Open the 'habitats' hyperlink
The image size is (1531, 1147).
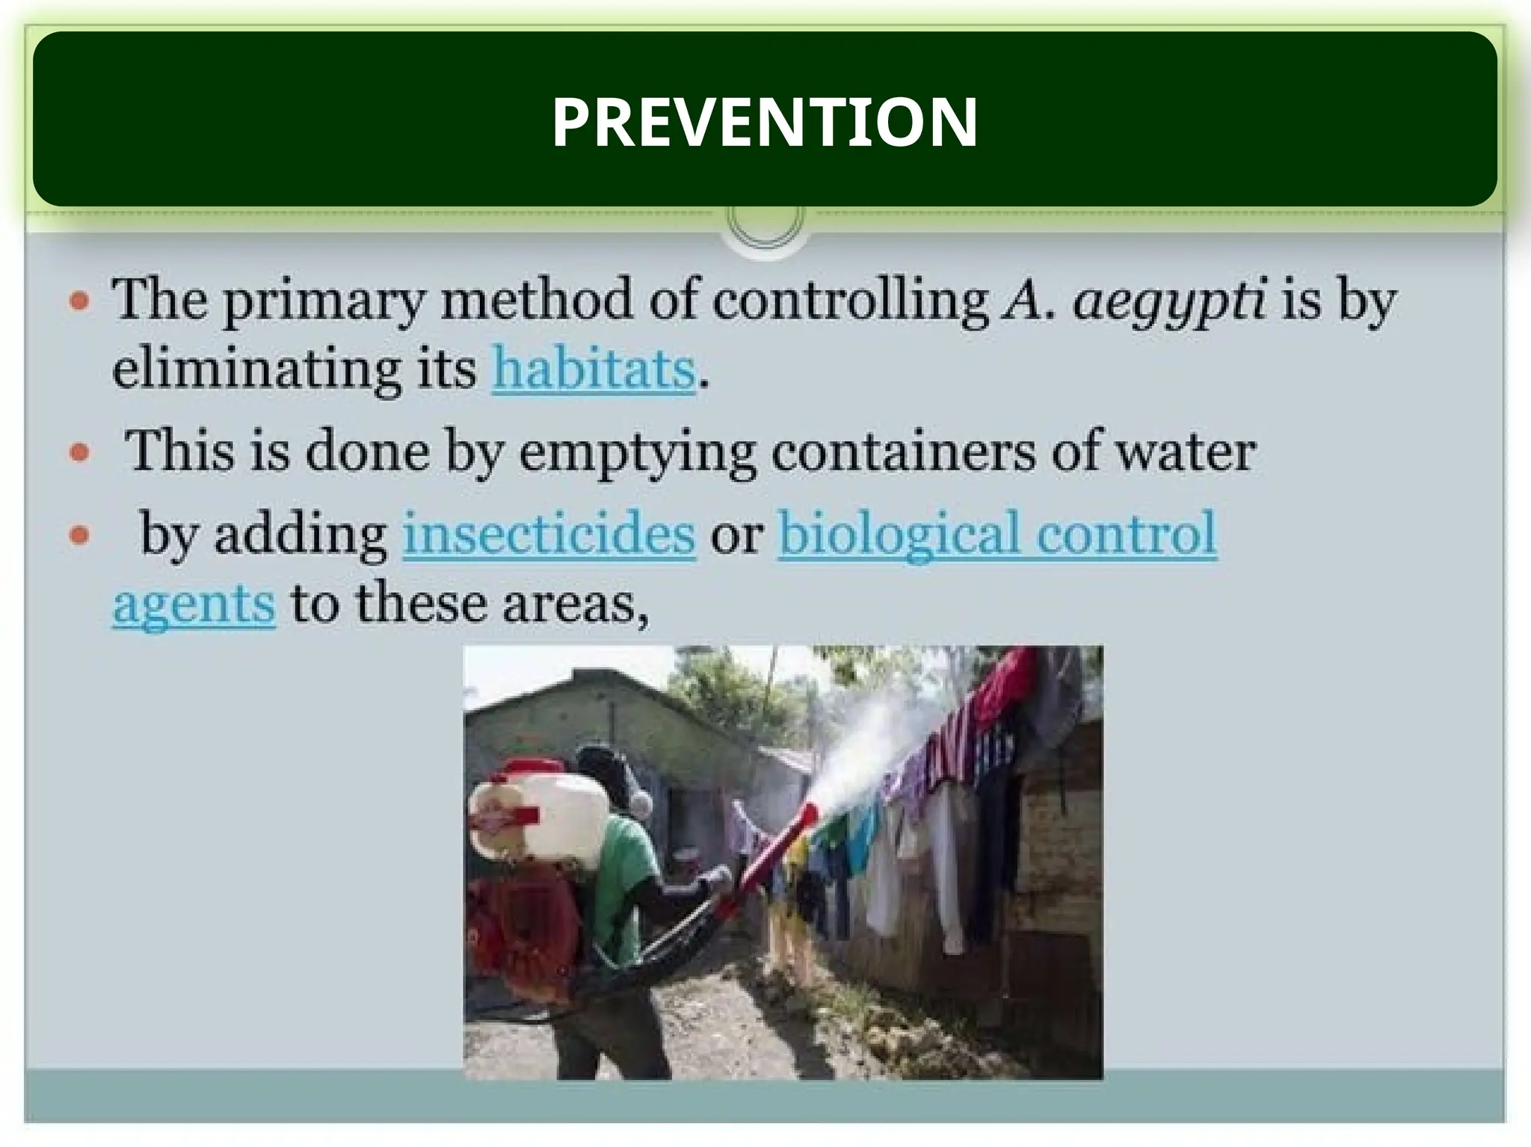tap(594, 369)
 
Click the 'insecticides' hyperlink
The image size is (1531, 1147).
tap(549, 534)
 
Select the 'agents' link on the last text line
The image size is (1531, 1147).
tap(194, 604)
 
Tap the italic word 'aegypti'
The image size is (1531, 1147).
tap(1169, 301)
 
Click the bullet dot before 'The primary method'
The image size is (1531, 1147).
tap(79, 302)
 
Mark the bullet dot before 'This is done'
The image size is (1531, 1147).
tap(79, 453)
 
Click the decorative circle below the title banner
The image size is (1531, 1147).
tap(764, 221)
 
